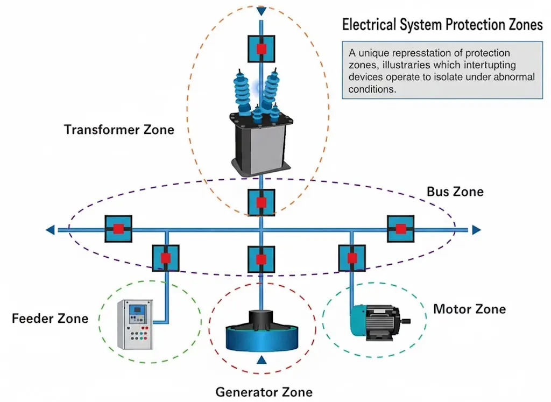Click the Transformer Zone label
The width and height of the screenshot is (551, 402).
tap(119, 130)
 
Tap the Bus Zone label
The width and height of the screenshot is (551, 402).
tap(455, 192)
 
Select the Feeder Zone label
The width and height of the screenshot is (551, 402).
tap(50, 319)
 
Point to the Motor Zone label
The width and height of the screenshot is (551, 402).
tap(469, 309)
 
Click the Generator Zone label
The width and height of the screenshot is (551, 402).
tap(264, 392)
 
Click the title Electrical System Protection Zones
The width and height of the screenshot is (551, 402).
tap(442, 25)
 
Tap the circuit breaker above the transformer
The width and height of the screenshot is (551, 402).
tap(261, 49)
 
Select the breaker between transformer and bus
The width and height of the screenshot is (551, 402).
tap(261, 202)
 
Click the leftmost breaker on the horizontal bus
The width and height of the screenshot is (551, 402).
tap(118, 229)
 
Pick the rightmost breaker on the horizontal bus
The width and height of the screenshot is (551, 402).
tap(401, 229)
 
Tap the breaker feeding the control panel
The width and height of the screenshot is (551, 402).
tap(165, 258)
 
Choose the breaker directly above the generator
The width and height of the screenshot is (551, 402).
tap(261, 259)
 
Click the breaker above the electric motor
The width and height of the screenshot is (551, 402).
tap(352, 258)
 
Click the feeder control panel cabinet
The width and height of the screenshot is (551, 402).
tap(135, 324)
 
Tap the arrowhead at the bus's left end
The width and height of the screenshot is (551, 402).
tap(50, 230)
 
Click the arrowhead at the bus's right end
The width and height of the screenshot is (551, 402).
tap(476, 230)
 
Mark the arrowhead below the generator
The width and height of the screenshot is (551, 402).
tap(262, 360)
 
